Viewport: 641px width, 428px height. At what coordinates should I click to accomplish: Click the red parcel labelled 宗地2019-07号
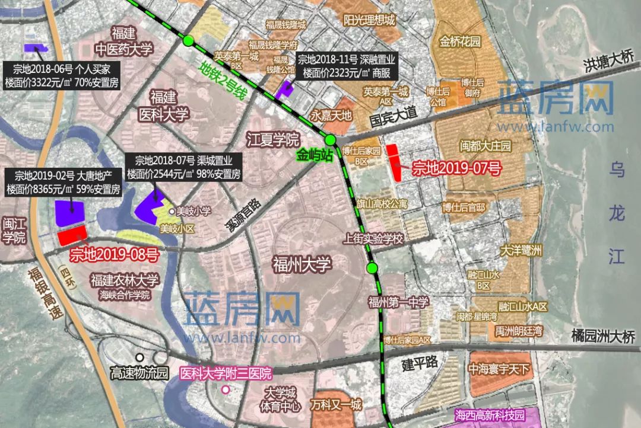click(393, 162)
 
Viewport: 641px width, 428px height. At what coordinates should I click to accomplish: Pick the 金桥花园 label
click(460, 42)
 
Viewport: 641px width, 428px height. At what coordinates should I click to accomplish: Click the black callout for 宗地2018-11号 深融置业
click(346, 66)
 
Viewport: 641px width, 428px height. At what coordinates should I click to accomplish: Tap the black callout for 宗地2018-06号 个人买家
click(62, 75)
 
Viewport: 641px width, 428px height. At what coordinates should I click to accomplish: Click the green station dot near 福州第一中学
click(372, 268)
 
